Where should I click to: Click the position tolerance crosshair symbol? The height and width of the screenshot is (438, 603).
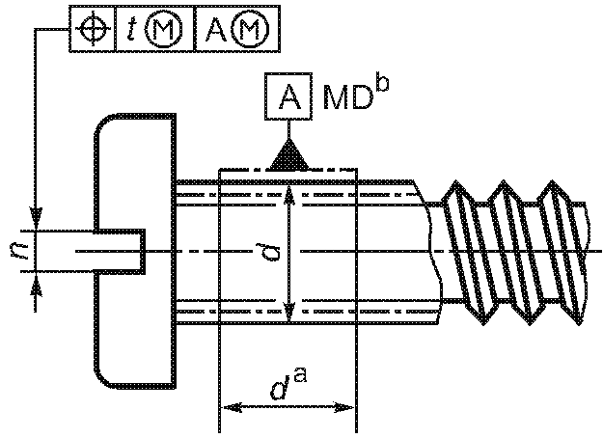click(x=93, y=29)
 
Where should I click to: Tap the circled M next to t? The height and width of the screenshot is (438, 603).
click(x=164, y=29)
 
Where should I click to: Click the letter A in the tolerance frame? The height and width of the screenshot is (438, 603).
click(x=216, y=29)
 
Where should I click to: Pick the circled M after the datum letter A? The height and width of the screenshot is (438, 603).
click(x=251, y=29)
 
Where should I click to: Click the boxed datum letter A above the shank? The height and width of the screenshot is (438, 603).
click(x=288, y=96)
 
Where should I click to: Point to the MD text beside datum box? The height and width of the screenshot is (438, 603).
click(x=347, y=98)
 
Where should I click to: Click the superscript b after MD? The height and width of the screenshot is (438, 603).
click(x=382, y=85)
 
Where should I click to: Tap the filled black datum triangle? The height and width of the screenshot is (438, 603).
click(x=288, y=155)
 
